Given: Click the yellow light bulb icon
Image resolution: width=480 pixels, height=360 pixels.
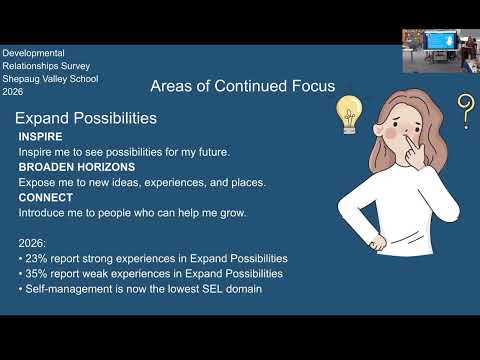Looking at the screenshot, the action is pos(349,115).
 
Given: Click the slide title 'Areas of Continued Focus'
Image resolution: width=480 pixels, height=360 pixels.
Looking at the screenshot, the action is pos(243,86).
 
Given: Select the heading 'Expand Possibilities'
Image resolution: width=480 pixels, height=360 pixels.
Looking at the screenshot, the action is pos(86,118).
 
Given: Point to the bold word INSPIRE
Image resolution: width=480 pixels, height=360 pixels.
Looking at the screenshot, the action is pos(40,137).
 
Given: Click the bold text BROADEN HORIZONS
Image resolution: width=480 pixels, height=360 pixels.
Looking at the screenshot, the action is pos(77,167).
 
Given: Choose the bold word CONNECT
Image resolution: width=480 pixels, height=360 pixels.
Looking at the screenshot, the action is pos(46,197).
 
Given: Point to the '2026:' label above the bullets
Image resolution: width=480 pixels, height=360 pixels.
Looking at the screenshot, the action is pos(32,243).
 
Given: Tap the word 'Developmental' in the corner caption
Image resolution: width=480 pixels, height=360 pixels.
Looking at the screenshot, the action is pos(33,53).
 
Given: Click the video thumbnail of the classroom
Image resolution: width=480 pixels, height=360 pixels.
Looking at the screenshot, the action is pos(441,51).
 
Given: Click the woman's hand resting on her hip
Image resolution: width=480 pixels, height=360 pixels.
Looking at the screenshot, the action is pos(377,242).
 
